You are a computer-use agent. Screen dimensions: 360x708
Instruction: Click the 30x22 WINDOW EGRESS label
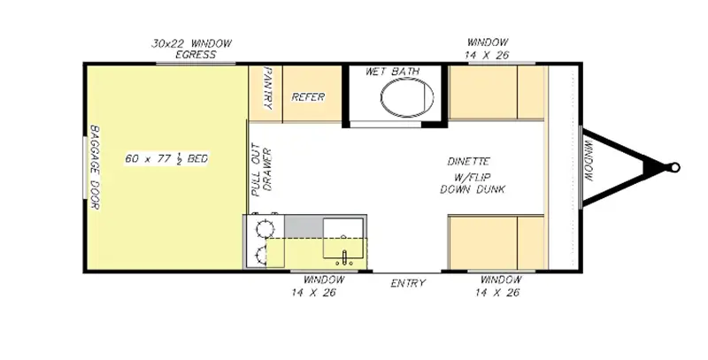coord(191,48)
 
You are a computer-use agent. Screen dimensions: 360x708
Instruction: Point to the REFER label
coord(308,96)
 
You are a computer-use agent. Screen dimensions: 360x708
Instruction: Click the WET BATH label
coord(393,72)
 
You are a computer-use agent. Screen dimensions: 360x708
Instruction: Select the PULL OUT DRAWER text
coord(261,172)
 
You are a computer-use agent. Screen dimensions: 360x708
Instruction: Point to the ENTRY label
coord(408,283)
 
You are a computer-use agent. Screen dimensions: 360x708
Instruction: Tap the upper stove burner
coord(262,229)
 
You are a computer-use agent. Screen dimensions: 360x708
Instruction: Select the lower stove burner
coord(262,256)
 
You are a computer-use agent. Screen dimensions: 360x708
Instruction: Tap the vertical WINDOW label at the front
coord(590,166)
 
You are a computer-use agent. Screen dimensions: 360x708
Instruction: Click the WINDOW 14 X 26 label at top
coord(488,48)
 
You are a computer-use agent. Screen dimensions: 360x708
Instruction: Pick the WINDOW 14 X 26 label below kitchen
coord(317,286)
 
